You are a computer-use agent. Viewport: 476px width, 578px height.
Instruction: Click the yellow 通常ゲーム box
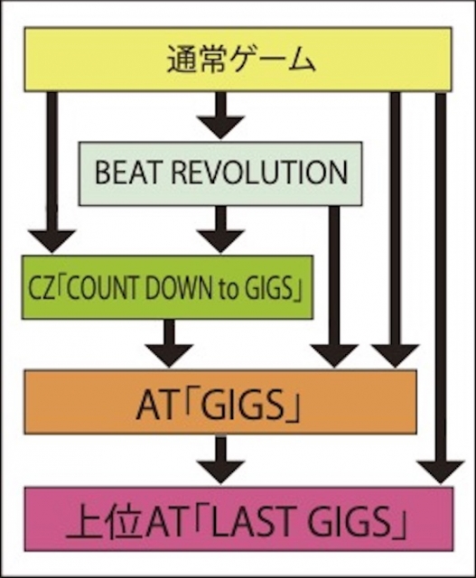click(x=238, y=59)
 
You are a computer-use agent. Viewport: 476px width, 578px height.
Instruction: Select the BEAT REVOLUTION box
click(x=220, y=173)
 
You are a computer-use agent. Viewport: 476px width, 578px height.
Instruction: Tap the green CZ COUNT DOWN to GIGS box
click(x=167, y=287)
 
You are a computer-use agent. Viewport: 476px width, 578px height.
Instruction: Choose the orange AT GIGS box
click(x=220, y=402)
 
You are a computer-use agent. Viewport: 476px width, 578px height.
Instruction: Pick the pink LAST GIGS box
click(x=238, y=519)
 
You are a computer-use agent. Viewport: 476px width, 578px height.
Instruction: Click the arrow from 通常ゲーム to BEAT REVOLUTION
click(x=220, y=115)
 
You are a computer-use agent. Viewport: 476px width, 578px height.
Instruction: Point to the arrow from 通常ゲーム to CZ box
click(x=52, y=172)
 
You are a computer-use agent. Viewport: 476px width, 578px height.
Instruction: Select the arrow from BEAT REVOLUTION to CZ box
click(x=220, y=228)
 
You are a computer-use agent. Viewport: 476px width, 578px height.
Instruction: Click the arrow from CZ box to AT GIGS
click(x=169, y=343)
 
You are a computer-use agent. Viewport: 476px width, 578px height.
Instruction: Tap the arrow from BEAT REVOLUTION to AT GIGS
click(x=334, y=286)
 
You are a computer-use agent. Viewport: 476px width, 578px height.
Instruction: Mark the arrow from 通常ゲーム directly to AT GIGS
click(x=395, y=229)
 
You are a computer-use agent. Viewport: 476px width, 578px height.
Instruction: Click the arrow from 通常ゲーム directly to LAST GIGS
click(x=440, y=288)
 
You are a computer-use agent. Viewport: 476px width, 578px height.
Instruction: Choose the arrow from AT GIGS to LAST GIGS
click(x=220, y=459)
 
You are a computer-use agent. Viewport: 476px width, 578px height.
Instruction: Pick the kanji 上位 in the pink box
click(x=105, y=520)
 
